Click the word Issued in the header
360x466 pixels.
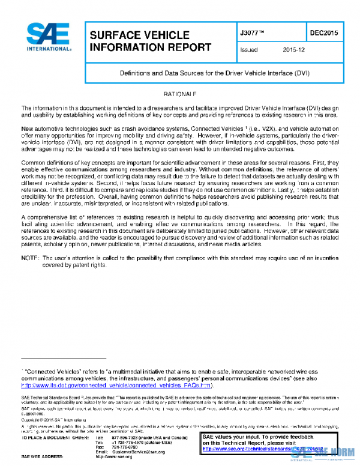[248, 51]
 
